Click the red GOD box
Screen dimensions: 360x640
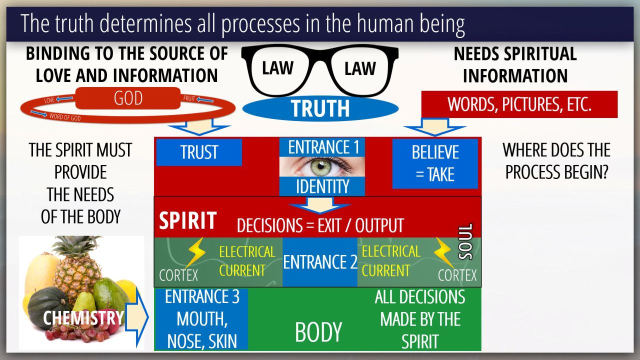128,98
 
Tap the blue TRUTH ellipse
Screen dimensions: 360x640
320,108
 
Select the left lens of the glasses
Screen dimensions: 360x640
278,68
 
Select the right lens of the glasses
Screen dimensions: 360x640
359,68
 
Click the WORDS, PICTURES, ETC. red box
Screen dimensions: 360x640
519,104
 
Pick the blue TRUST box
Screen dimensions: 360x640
199,152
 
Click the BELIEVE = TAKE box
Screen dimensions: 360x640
434,163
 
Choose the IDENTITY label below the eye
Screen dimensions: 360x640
322,186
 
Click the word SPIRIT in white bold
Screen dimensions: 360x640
187,221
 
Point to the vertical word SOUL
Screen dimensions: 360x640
465,241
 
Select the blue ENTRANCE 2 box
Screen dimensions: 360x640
319,262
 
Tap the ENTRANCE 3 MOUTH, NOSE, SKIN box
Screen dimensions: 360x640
201,319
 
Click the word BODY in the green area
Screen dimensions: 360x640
318,332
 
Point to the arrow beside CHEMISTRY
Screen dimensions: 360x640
136,317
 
